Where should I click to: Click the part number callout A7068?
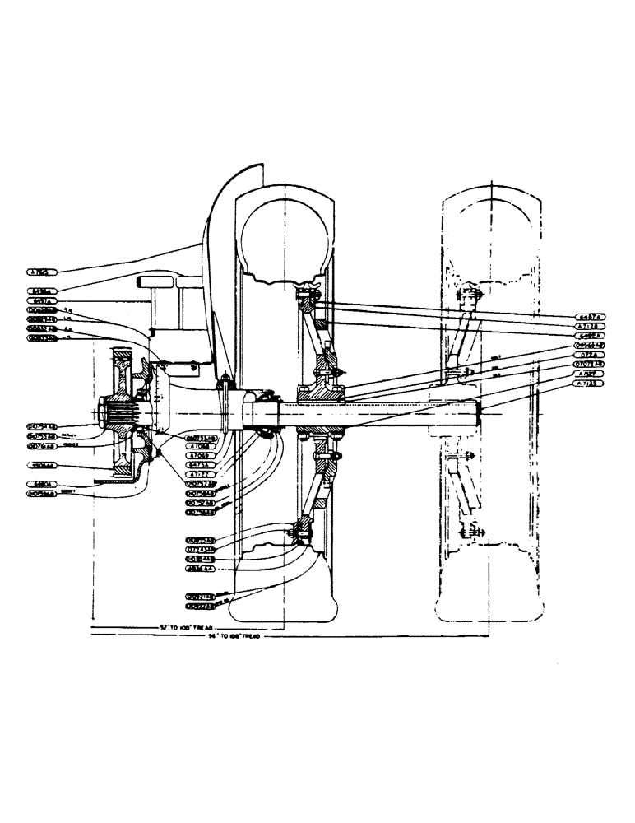[198, 446]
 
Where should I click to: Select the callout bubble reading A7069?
[198, 455]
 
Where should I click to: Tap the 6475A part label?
[198, 464]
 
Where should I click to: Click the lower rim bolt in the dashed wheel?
[472, 532]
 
